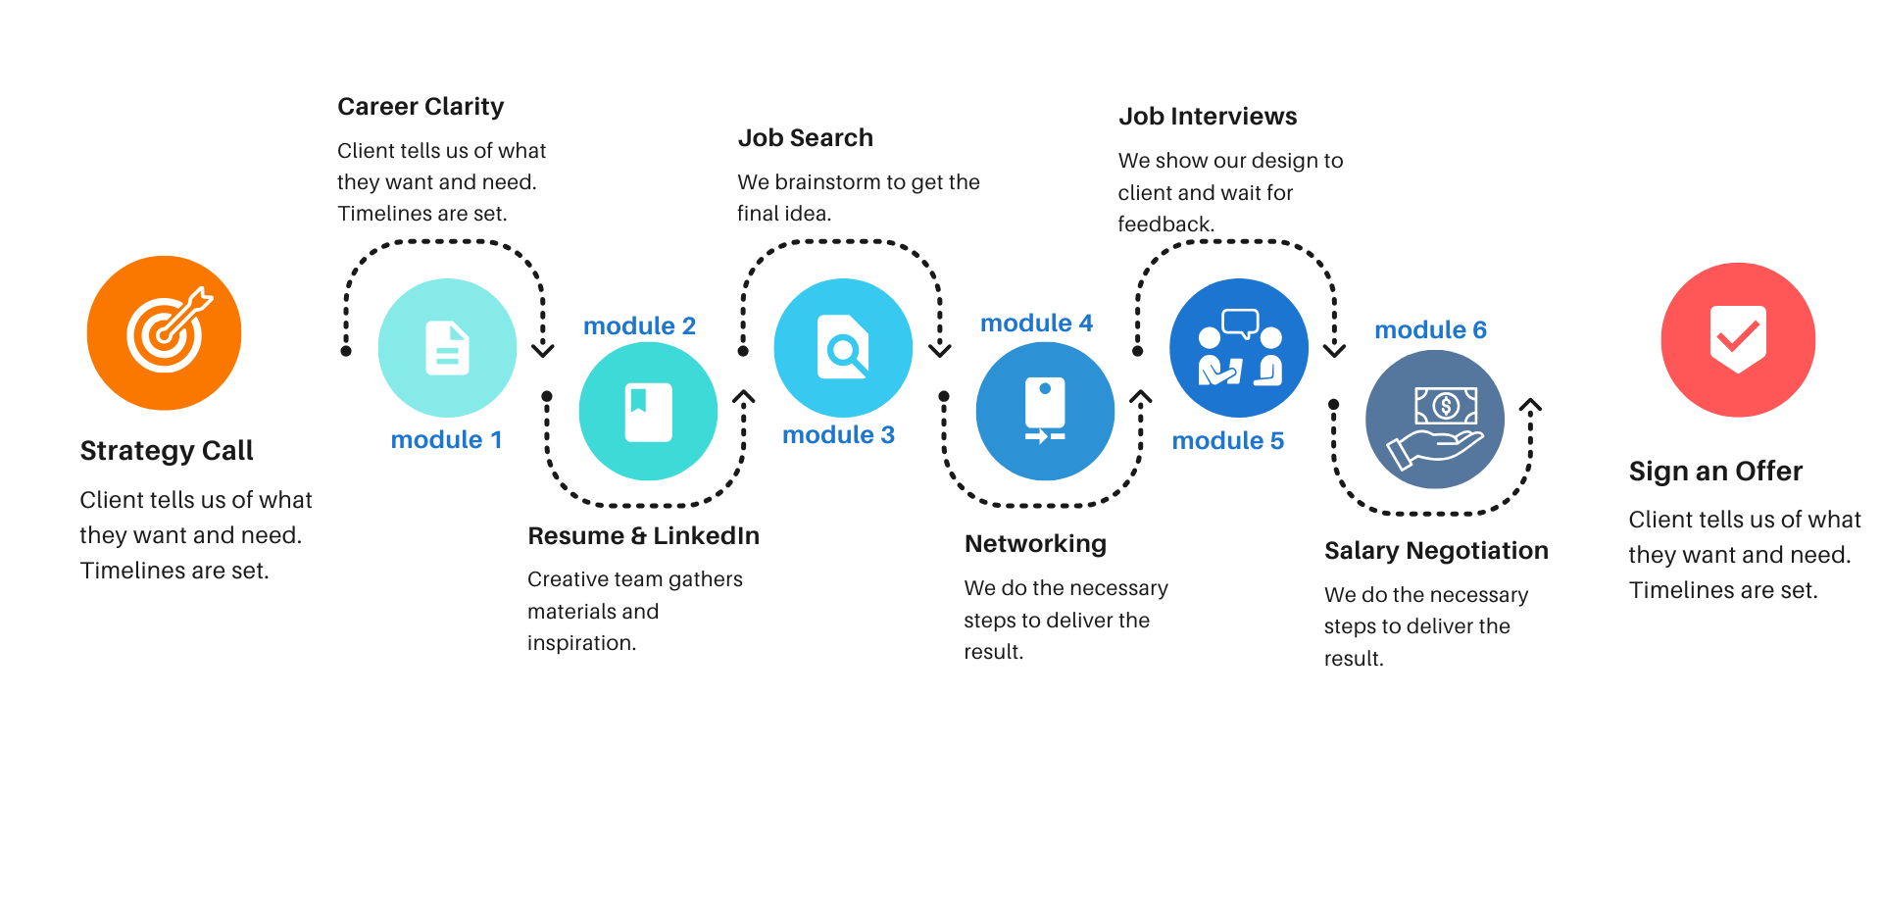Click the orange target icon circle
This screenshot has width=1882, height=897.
pyautogui.click(x=164, y=333)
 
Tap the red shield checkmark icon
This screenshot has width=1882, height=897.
pyautogui.click(x=1738, y=339)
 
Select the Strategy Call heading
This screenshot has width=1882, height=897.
pyautogui.click(x=167, y=451)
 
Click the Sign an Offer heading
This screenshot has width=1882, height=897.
pyautogui.click(x=1715, y=472)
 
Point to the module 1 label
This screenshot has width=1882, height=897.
pyautogui.click(x=446, y=440)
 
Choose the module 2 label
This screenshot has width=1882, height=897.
pyautogui.click(x=639, y=326)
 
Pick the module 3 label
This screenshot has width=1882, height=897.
pyautogui.click(x=838, y=435)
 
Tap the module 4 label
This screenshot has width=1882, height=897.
pyautogui.click(x=1036, y=324)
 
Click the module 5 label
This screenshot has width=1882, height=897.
pyautogui.click(x=1227, y=441)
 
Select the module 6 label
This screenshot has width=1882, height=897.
pyautogui.click(x=1430, y=330)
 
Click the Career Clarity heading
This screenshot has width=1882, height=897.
pyautogui.click(x=421, y=107)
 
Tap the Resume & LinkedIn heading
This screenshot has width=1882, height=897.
pyautogui.click(x=643, y=536)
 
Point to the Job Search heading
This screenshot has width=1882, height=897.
pyautogui.click(x=805, y=138)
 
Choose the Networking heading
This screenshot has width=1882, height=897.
pyautogui.click(x=1035, y=544)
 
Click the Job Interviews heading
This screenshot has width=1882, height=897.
pyautogui.click(x=1208, y=117)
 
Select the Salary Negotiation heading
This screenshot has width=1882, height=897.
pyautogui.click(x=1436, y=551)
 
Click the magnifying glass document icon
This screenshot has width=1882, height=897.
pyautogui.click(x=843, y=348)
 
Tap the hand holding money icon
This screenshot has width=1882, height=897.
pyautogui.click(x=1435, y=421)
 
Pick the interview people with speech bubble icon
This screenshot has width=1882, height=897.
pyautogui.click(x=1239, y=348)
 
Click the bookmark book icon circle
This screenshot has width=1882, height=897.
pyautogui.click(x=648, y=412)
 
